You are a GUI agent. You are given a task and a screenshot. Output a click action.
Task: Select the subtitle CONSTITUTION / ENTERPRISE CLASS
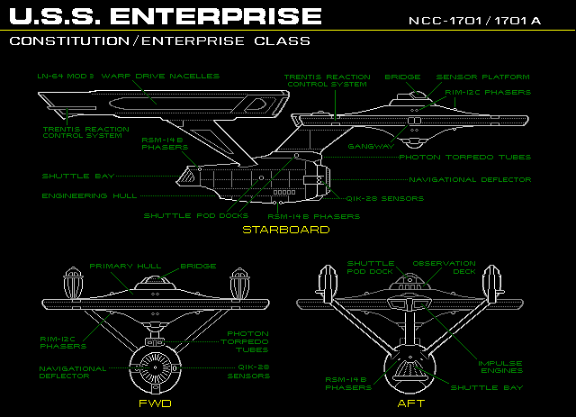160,41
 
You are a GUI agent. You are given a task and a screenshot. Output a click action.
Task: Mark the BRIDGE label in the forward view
198,267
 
